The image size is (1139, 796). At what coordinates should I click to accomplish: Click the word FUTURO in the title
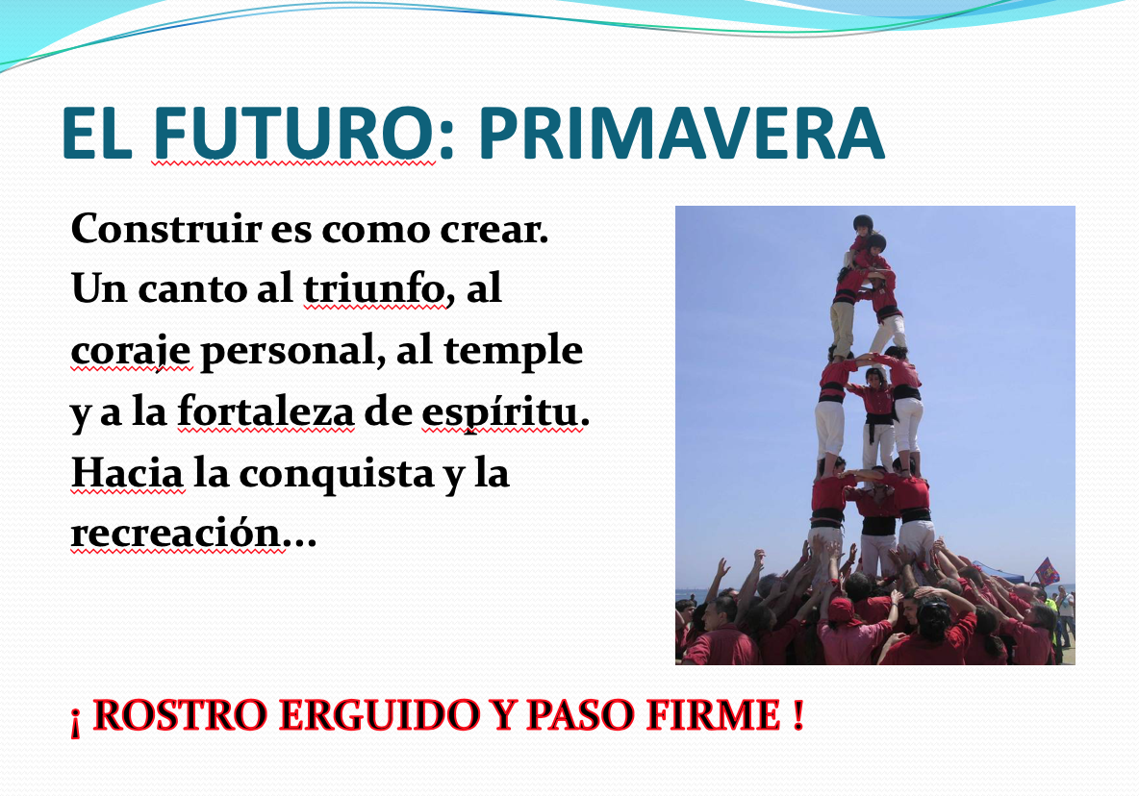point(293,133)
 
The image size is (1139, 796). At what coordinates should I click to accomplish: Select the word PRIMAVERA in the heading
point(681,133)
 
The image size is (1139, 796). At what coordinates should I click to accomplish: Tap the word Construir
point(165,229)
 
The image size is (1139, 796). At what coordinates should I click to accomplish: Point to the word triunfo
point(373,288)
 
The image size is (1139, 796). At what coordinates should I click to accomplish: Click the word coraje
point(131,351)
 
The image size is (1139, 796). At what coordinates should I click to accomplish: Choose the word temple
point(513,351)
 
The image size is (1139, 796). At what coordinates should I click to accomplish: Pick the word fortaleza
point(266,411)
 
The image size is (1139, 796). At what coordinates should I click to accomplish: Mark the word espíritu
point(501,413)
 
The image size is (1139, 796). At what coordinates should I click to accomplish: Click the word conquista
point(338,475)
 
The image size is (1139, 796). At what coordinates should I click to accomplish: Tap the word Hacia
point(127,473)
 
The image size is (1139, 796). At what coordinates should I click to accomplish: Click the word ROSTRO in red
point(181,714)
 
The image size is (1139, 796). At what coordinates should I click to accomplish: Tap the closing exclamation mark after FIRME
point(798,714)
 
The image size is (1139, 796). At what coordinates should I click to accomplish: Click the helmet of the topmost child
point(862,221)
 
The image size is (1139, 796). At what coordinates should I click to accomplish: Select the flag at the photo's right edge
point(1047,571)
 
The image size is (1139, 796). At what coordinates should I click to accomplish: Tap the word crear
point(494,230)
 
